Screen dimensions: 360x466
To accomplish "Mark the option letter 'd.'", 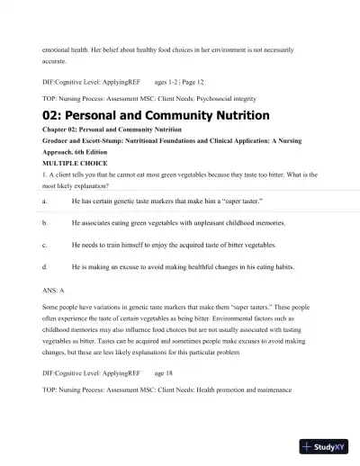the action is [x=45, y=268].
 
